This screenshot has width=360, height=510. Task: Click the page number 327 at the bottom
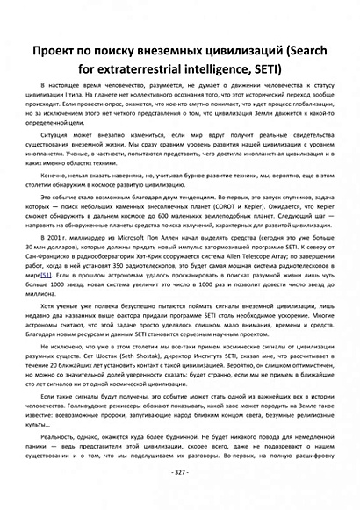tap(179, 472)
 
